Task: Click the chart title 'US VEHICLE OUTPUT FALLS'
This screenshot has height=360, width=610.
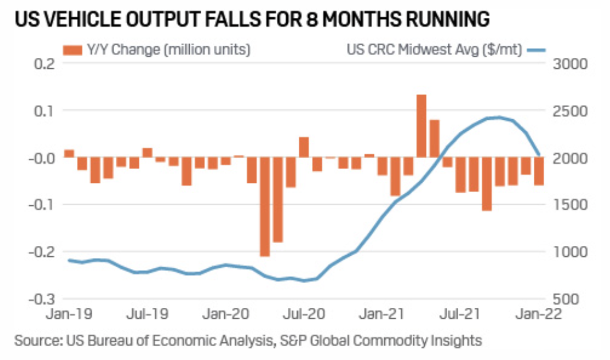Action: tap(252, 21)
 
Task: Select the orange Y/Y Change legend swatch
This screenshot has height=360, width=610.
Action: tap(77, 50)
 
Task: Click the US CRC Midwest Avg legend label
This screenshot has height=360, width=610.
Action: tap(434, 50)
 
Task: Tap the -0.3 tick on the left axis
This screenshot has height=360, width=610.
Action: tap(39, 299)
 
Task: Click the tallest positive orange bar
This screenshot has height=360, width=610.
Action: tap(421, 126)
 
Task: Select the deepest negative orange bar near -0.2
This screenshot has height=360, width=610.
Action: tap(265, 206)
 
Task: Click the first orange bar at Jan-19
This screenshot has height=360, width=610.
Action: tap(69, 153)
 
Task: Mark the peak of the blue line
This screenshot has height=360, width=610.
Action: tap(499, 118)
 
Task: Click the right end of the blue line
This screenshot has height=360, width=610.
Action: tap(539, 155)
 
